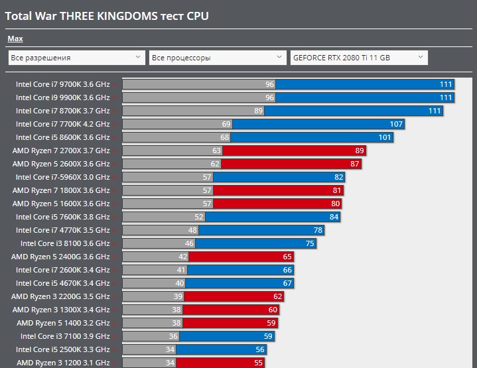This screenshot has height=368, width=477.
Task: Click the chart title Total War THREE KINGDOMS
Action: pos(107,15)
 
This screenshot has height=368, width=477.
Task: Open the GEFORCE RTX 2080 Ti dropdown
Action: pos(359,58)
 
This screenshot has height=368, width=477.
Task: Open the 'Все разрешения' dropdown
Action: pos(76,58)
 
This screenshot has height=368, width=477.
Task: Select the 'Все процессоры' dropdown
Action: pos(218,58)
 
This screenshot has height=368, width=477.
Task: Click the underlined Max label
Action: pos(15,39)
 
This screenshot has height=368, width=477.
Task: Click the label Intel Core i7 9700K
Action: pos(62,84)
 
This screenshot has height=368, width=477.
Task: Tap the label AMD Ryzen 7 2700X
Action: pos(61,151)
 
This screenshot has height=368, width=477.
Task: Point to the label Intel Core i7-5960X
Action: pos(62,177)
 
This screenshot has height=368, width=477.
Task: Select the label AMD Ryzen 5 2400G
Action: pos(60,257)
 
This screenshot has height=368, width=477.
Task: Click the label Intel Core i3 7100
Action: pos(65,336)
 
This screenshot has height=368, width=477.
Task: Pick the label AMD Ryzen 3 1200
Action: pos(63,363)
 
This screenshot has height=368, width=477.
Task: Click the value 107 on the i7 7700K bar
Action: pos(396,124)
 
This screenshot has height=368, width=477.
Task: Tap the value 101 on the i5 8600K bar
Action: pos(385,137)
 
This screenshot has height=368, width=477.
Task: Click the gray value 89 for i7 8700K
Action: pos(258,111)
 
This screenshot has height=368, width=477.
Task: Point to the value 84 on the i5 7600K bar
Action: pos(334,217)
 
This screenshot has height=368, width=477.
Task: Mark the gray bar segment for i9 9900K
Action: pos(198,97)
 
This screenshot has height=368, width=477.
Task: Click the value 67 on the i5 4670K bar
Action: pos(287,283)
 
